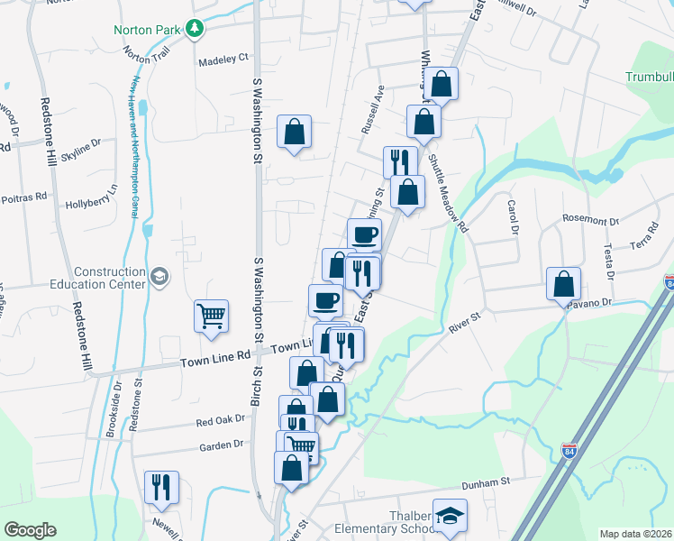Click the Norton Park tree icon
tap(194, 29)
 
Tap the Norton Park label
tap(148, 29)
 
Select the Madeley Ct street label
tap(223, 59)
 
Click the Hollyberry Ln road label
tap(92, 204)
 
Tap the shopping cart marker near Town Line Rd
tap(210, 316)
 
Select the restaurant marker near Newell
tap(161, 487)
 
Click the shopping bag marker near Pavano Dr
tap(563, 284)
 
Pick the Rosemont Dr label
tap(591, 220)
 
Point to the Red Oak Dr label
tap(220, 421)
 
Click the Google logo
tap(30, 530)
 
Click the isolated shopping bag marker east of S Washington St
tap(294, 132)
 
